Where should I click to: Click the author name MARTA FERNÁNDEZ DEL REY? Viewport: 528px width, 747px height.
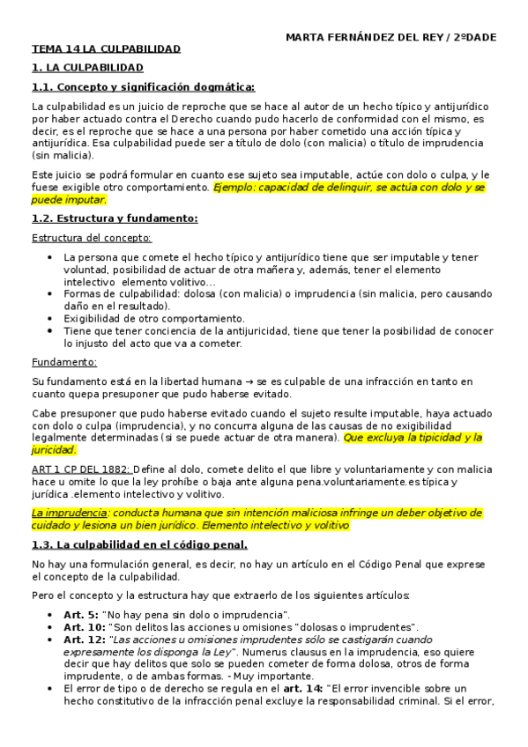365,36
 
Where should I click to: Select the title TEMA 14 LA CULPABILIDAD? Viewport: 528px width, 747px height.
107,49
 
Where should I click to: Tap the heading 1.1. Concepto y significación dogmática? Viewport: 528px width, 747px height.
143,86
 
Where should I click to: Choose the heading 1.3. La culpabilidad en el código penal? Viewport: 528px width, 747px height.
145,544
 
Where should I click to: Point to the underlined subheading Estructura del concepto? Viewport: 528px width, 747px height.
91,237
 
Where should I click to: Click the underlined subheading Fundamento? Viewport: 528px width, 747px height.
64,362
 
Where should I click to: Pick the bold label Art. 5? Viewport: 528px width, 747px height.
82,613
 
